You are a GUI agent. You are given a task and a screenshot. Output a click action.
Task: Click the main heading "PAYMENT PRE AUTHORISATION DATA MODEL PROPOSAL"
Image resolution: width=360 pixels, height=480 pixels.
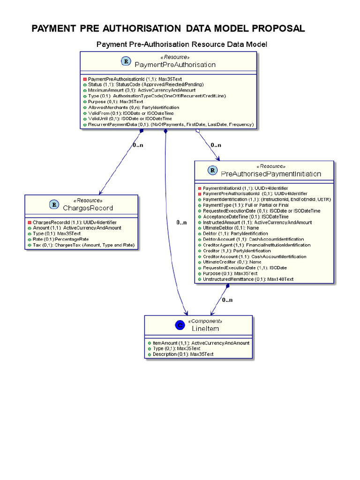click(168, 29)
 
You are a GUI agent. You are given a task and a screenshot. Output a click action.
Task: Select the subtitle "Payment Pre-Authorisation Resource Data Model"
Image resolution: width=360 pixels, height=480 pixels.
click(181, 45)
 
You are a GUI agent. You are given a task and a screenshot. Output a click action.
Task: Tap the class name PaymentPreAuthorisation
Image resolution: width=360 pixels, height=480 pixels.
click(175, 64)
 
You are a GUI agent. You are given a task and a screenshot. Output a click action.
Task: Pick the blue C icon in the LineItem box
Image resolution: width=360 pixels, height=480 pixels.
click(179, 325)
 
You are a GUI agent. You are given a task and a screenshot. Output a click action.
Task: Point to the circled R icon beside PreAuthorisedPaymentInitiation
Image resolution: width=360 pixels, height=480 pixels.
click(212, 170)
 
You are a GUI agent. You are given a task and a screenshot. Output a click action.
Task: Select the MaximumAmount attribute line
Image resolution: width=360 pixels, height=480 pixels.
click(141, 90)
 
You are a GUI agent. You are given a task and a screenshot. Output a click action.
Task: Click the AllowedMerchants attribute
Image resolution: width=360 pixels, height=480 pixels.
click(135, 107)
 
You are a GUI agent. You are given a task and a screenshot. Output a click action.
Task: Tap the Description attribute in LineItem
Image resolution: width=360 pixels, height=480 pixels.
click(183, 354)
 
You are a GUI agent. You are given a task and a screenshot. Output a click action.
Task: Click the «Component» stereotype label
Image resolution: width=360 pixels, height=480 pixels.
click(205, 322)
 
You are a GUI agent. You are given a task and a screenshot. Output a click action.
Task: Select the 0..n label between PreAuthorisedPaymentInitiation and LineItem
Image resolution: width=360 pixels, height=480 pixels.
click(227, 300)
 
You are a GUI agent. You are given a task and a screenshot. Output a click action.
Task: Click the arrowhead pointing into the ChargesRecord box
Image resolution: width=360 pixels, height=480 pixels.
click(99, 193)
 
